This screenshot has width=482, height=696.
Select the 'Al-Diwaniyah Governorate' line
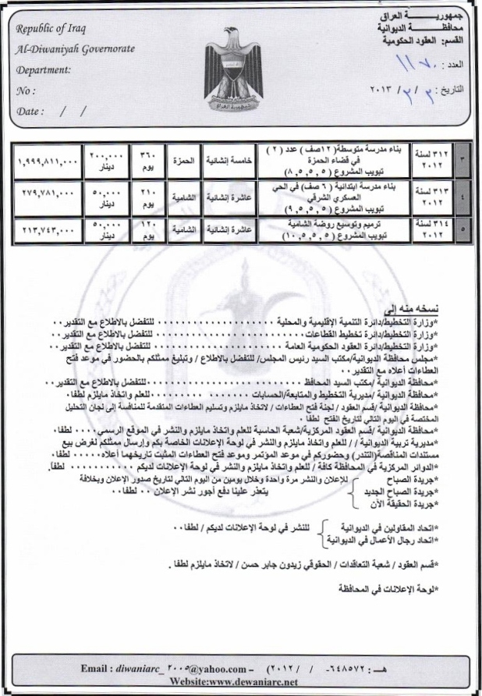coord(75,50)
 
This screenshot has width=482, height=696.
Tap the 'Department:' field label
coord(43,69)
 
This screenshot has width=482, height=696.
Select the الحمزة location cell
coord(182,160)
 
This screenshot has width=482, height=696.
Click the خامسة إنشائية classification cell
coord(227,160)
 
